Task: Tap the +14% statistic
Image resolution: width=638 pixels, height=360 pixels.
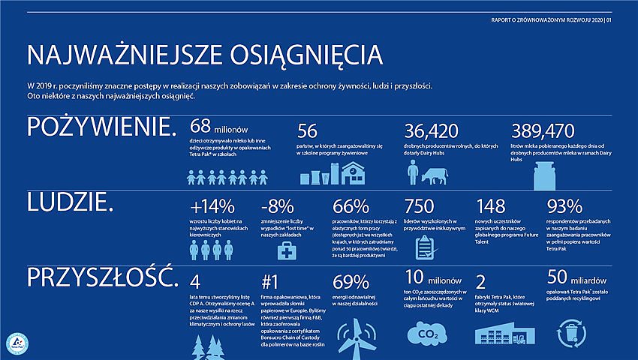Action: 213,206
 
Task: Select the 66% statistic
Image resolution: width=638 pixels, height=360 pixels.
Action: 350,206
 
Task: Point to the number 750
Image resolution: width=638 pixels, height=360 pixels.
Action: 419,206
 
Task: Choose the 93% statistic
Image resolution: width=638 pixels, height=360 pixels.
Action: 564,206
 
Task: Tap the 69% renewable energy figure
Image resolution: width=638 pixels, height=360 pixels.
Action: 350,282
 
